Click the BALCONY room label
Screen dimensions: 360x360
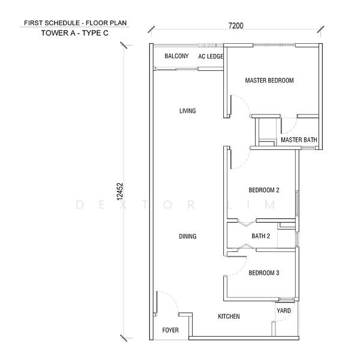(x=176, y=56)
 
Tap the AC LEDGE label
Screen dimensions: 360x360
(x=211, y=56)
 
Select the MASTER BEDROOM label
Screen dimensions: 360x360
(x=269, y=80)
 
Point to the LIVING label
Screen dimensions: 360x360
(x=188, y=111)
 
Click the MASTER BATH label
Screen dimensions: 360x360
(x=299, y=140)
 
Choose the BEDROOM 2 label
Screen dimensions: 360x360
(x=264, y=190)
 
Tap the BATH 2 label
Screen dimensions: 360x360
(x=260, y=236)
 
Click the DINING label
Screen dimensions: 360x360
(x=188, y=236)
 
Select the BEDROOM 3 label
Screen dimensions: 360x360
(x=264, y=273)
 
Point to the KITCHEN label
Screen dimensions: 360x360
(x=229, y=316)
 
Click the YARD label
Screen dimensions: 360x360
(x=284, y=311)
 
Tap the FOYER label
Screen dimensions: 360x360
(x=170, y=330)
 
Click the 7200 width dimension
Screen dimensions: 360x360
(x=236, y=25)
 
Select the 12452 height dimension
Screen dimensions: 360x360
(x=120, y=191)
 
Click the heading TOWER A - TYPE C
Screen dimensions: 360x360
(x=74, y=33)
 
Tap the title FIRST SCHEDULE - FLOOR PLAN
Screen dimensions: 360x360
(x=76, y=23)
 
